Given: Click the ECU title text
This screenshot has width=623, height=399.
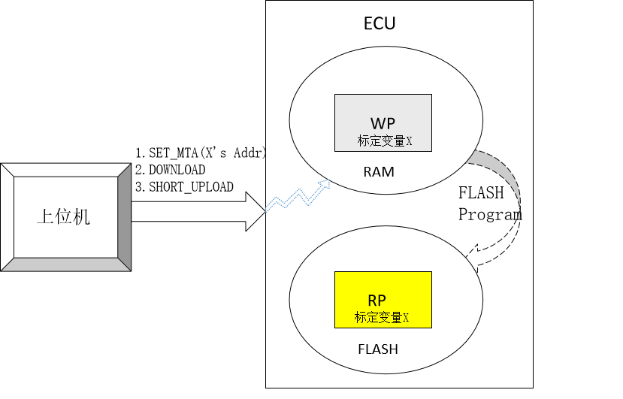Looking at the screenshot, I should [x=380, y=23].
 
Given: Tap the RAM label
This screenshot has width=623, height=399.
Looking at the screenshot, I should [x=379, y=172].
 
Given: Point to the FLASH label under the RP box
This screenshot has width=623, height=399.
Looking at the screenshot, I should [x=378, y=349].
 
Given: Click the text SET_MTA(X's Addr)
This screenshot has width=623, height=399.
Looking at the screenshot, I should [x=201, y=153].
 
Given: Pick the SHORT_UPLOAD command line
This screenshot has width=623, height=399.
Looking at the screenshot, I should [x=184, y=186].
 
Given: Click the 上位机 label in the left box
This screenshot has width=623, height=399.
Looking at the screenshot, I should [x=63, y=217].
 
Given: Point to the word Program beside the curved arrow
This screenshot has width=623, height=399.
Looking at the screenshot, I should [x=490, y=214].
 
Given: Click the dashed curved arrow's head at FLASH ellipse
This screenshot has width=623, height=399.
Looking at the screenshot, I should [x=472, y=255].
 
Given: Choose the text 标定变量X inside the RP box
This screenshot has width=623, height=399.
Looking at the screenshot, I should [x=382, y=318].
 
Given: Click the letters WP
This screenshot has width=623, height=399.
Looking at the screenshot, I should [x=382, y=122].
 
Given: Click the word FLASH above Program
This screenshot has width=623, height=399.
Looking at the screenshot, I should [x=481, y=192].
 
